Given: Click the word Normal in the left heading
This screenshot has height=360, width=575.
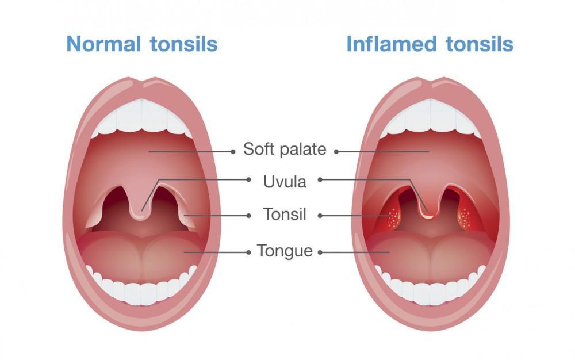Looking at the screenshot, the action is tap(103, 44).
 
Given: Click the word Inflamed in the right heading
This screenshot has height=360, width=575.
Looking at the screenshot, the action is tap(391, 44).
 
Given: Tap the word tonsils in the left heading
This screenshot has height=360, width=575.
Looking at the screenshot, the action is tap(184, 44).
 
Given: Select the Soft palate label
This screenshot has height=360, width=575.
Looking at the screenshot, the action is tap(285, 149).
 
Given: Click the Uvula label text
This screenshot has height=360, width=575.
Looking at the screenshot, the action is tap(285, 182).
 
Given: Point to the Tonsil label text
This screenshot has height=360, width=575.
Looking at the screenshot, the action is tap(285, 214).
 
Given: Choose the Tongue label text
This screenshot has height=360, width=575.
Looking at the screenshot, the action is tap(285, 251).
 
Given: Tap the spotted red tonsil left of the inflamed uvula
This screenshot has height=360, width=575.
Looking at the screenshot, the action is tap(393, 217).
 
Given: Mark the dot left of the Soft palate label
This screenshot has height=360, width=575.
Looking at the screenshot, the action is tap(233, 151).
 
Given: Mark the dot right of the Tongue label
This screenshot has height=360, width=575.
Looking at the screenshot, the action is tap(320, 252).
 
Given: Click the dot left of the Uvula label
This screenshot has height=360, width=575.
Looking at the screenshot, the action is tap(248, 179).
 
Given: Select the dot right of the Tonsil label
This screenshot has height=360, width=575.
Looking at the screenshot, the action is tap(320, 216).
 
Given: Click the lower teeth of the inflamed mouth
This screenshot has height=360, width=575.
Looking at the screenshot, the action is tap(430, 290).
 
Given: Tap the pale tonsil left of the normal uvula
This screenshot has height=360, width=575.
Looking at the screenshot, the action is tap(96, 216).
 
